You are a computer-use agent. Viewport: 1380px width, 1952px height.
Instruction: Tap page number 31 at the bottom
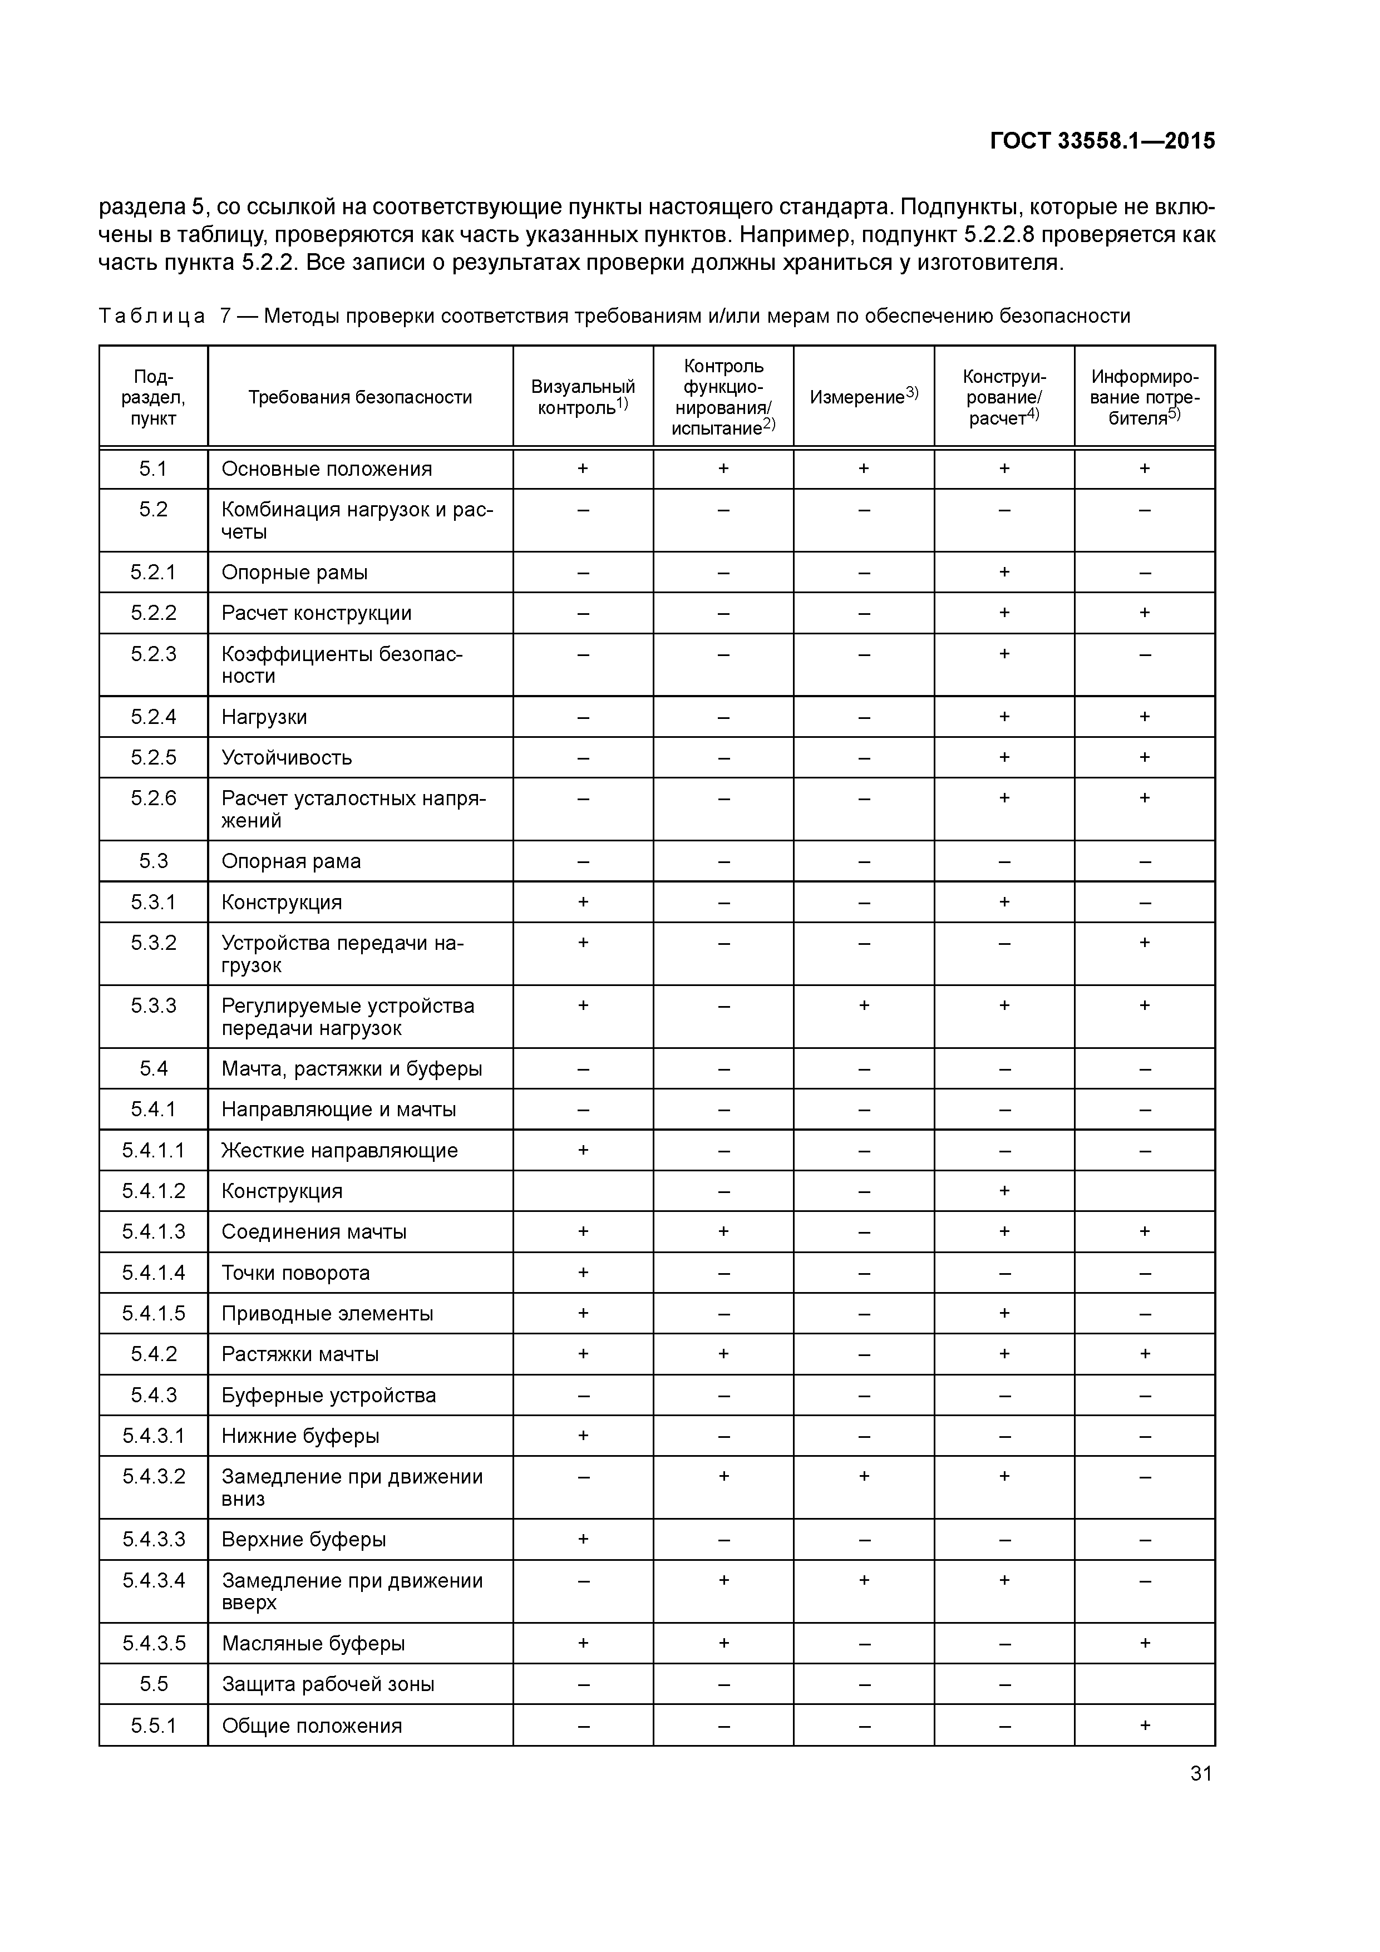(x=1201, y=1773)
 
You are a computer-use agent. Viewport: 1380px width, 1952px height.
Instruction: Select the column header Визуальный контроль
(x=583, y=397)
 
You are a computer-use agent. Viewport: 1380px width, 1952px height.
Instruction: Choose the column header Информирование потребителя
(x=1145, y=397)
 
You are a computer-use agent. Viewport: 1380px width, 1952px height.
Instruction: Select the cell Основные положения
(x=327, y=469)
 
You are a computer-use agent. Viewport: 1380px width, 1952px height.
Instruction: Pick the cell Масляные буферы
(x=313, y=1643)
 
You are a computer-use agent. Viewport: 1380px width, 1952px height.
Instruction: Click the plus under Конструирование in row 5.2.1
(x=1004, y=572)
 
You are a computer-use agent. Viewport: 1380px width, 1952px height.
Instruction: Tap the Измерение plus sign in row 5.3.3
(x=864, y=1005)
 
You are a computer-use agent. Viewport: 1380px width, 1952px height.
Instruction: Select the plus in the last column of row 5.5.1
(x=1145, y=1725)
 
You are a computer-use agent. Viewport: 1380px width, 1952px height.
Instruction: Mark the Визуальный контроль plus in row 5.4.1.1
(x=583, y=1150)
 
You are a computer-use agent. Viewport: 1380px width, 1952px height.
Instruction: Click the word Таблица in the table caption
(x=151, y=316)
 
